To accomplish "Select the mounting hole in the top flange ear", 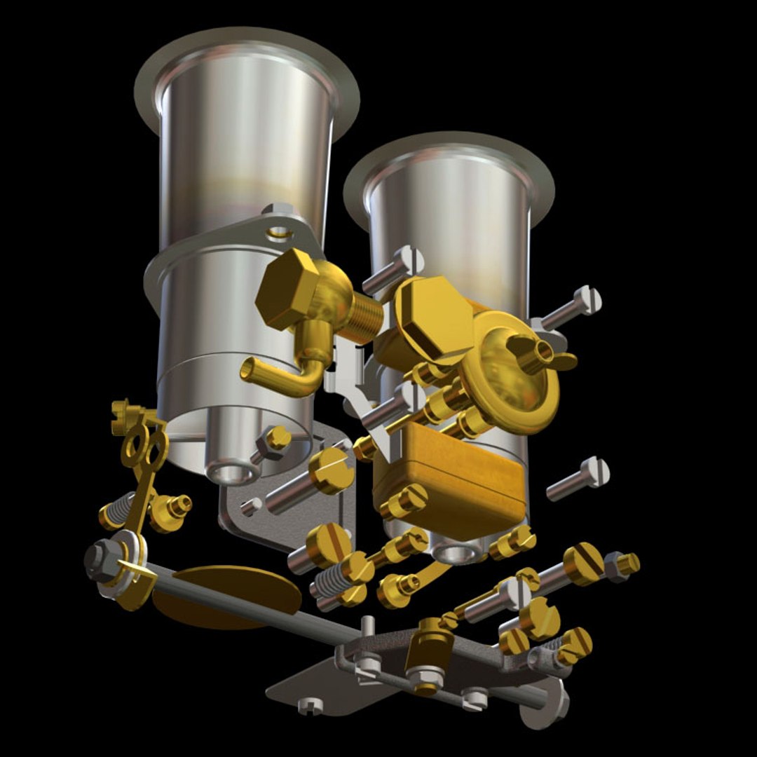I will pyautogui.click(x=279, y=229).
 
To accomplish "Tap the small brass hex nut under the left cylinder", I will pyautogui.click(x=276, y=439).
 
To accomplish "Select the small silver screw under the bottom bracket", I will pyautogui.click(x=308, y=706).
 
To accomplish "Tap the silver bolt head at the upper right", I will pyautogui.click(x=587, y=299).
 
